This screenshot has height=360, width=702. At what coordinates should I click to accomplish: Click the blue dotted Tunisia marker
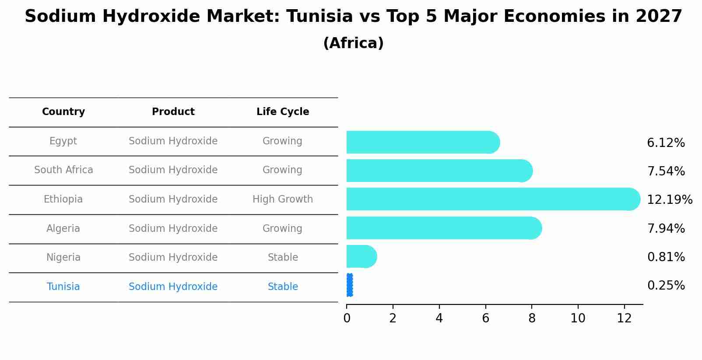pos(349,285)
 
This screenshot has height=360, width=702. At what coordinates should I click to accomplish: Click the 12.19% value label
pos(669,200)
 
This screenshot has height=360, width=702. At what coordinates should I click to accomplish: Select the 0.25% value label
pos(666,286)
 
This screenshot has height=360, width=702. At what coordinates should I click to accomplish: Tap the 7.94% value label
pos(666,228)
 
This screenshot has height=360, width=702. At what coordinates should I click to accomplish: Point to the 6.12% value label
pos(666,143)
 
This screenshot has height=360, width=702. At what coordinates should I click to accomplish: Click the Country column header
pos(63,112)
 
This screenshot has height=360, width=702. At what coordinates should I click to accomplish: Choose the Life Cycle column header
pos(283,112)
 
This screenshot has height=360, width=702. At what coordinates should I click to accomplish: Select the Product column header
pos(173,112)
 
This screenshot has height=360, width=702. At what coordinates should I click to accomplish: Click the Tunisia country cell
pos(63,287)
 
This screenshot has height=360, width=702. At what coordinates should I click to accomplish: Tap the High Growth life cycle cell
pos(283,199)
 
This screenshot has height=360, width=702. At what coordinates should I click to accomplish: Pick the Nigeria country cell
pos(63,258)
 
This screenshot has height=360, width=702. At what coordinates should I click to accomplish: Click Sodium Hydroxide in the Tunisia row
pos(173,287)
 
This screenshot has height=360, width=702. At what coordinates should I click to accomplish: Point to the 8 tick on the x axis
pos(532,318)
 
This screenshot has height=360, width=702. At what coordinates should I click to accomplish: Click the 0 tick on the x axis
pos(347,318)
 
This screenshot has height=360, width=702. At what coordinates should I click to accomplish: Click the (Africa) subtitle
pos(353,43)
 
